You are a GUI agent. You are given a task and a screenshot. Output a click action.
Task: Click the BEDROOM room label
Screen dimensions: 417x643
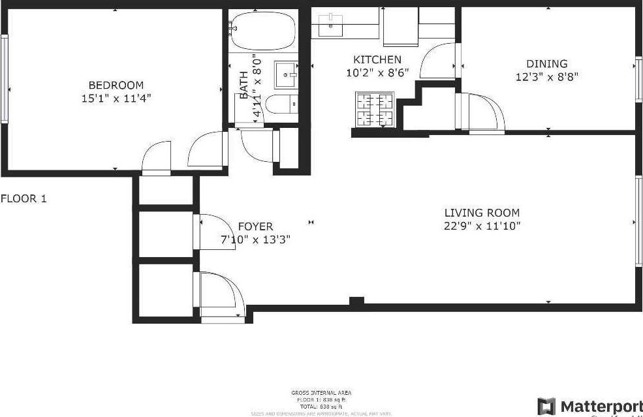tap(116, 85)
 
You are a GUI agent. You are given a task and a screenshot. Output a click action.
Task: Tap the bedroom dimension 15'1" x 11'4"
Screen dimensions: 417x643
tap(116, 98)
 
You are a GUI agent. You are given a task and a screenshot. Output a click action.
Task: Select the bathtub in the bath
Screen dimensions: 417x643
tap(263, 31)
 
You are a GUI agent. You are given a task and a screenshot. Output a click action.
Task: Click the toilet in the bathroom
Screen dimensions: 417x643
tap(282, 104)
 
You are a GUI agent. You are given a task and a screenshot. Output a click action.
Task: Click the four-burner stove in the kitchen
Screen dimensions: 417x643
tap(375, 110)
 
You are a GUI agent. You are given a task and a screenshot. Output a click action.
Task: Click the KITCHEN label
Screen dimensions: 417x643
tap(377, 59)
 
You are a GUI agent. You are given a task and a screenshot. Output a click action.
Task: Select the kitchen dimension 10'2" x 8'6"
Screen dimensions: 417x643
tap(377, 72)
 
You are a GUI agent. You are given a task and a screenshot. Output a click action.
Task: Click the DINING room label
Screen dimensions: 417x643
tap(546, 63)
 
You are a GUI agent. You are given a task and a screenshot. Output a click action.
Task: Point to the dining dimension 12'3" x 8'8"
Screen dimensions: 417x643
tap(546, 76)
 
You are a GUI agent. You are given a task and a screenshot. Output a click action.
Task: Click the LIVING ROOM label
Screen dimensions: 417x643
tap(482, 213)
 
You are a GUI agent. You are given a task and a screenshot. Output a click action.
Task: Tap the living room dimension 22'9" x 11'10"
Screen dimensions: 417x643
tap(482, 226)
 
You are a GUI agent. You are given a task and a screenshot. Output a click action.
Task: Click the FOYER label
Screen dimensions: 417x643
tap(255, 226)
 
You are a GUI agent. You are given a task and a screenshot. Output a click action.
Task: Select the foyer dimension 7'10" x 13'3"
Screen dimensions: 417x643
tap(255, 239)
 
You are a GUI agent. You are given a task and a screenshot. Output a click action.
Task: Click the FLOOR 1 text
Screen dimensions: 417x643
tap(24, 198)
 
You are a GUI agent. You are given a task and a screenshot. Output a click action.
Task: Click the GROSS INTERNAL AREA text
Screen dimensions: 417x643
tap(321, 392)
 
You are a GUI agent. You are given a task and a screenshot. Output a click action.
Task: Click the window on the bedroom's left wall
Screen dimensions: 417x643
tap(4, 78)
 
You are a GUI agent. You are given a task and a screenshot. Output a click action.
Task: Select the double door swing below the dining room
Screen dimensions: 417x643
tap(483, 114)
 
